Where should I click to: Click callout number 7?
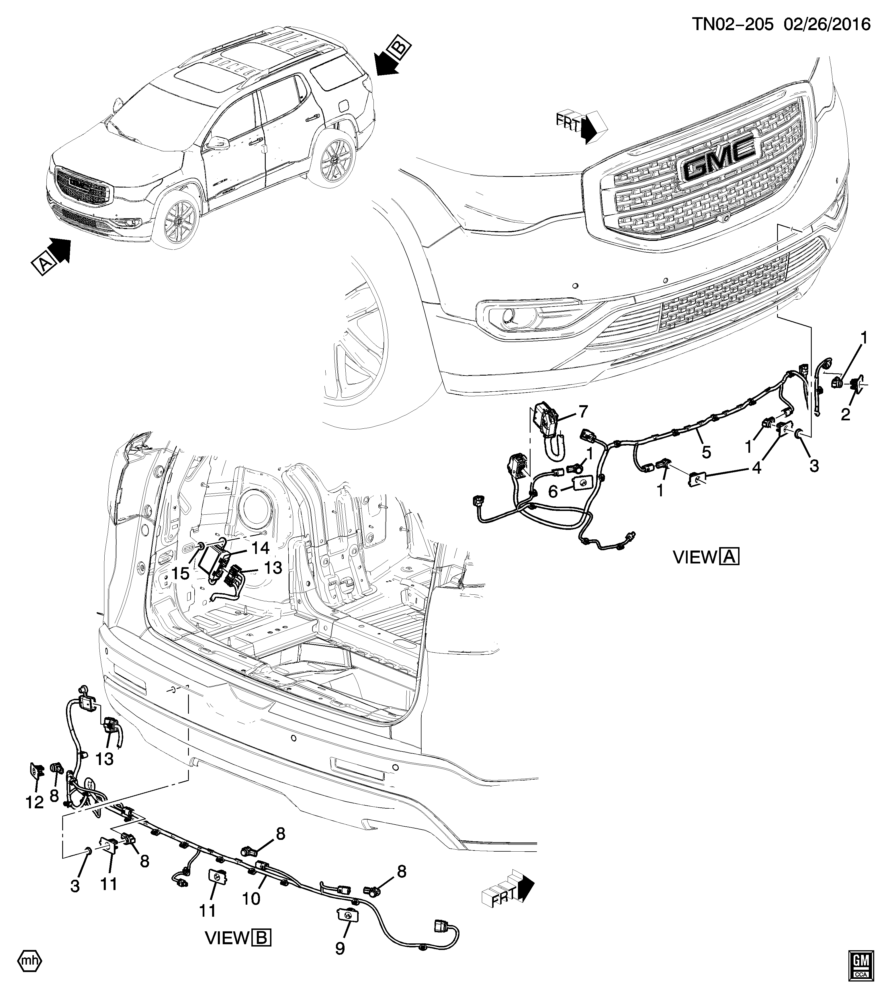583,412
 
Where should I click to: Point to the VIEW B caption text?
238,938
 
